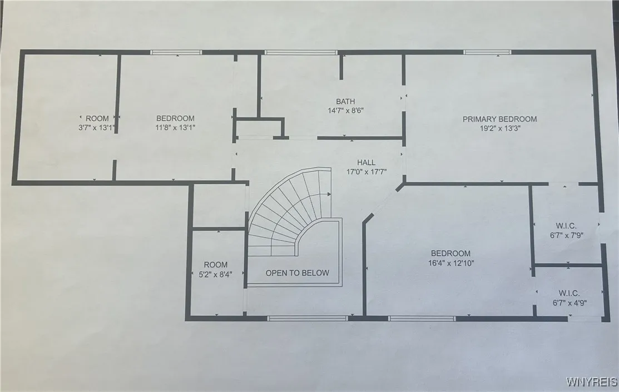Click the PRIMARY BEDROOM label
click(x=499, y=119)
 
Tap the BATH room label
click(x=345, y=101)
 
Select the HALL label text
click(x=366, y=162)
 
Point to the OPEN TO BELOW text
click(x=297, y=273)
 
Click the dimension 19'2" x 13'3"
click(x=499, y=128)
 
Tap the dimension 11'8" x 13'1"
click(x=175, y=127)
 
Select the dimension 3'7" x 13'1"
click(x=97, y=127)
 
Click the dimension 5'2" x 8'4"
click(x=215, y=274)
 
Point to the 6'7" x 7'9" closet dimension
click(x=566, y=235)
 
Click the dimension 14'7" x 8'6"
click(x=345, y=110)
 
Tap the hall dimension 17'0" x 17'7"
click(x=366, y=172)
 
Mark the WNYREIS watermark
click(x=591, y=382)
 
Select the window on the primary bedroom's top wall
click(x=487, y=53)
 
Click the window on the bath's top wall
click(x=300, y=53)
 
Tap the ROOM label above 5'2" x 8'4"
click(x=215, y=265)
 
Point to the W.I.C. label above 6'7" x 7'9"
click(x=566, y=226)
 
